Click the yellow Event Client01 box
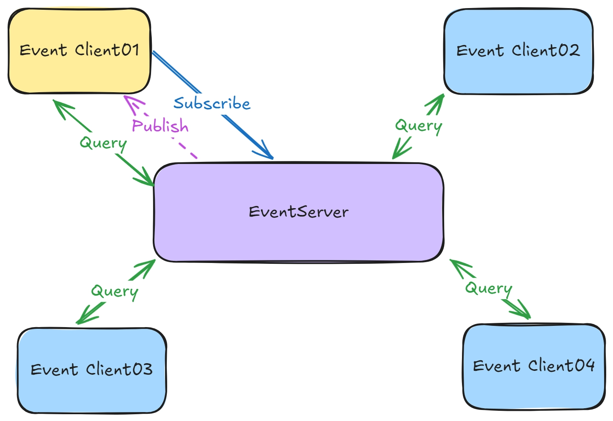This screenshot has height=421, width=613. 80,51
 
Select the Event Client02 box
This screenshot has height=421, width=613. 519,51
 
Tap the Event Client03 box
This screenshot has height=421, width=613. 92,371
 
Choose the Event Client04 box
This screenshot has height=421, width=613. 534,367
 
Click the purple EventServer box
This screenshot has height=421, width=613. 298,212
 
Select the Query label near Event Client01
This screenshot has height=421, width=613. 103,144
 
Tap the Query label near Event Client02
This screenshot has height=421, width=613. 419,126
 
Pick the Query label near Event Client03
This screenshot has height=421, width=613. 115,292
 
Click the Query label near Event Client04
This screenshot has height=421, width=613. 489,289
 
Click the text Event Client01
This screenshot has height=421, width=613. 80,50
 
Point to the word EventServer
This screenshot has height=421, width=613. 299,212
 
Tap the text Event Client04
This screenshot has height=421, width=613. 533,365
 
